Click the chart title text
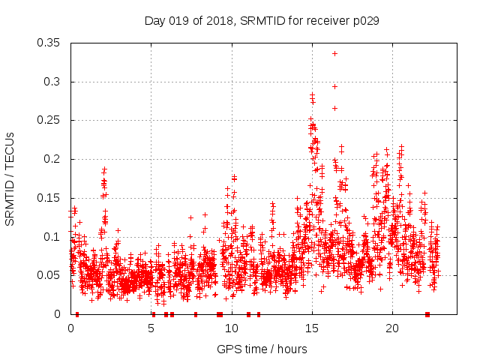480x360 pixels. pos(262,21)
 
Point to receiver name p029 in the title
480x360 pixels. pos(364,21)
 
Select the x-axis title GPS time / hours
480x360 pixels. pos(262,349)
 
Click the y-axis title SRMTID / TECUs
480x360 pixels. pos(10,178)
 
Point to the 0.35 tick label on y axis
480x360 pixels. pos(50,43)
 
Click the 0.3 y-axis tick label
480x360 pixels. pos(53,82)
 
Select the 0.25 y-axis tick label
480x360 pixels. pos(50,120)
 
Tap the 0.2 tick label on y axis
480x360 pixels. pos(53,159)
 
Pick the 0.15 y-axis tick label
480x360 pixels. pos(50,198)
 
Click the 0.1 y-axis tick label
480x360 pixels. pos(53,237)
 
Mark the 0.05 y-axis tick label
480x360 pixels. pos(50,275)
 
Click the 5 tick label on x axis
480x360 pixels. pos(151,328)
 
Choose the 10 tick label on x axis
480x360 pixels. pos(232,328)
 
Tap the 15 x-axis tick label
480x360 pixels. pos(312,328)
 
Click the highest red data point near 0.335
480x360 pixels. pos(334,53)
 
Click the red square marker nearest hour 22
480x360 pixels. pos(427,314)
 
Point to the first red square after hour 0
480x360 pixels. pos(77,314)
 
